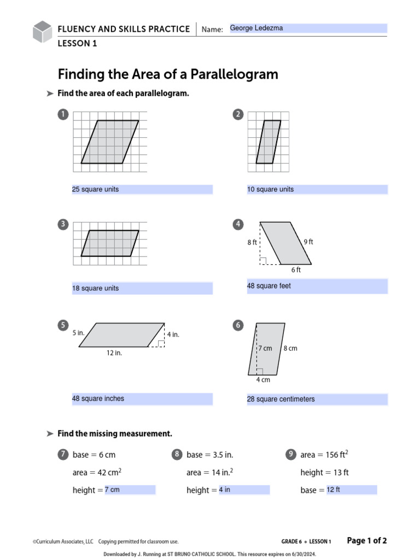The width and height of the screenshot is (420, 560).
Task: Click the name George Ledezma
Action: coord(256,28)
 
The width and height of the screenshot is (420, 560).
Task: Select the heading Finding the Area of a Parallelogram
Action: coord(168,74)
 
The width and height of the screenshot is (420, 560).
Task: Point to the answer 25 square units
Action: coord(96,189)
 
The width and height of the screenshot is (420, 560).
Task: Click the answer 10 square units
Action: coord(271,189)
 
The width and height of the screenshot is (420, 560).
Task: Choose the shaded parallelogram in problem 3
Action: coord(110,243)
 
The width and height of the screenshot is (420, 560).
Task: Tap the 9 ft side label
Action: coord(308,242)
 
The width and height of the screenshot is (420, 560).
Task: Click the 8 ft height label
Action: coord(252,242)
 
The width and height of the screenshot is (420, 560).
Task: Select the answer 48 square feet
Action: coord(269,286)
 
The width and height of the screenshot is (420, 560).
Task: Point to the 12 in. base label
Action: coord(114,353)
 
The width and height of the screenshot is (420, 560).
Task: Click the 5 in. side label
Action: coord(78,332)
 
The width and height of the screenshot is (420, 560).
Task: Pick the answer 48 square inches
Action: coord(98,399)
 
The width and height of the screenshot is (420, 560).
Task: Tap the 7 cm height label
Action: coord(265,348)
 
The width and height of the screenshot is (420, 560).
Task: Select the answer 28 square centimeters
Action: coord(281,399)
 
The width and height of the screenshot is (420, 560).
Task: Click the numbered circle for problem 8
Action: coord(177,454)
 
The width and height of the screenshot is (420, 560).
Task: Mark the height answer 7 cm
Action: coord(112,489)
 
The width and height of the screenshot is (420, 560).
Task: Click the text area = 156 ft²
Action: coord(324,454)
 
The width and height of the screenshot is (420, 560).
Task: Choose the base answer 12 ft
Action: coord(334,489)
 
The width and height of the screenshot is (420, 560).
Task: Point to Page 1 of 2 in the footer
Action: coord(367,541)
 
